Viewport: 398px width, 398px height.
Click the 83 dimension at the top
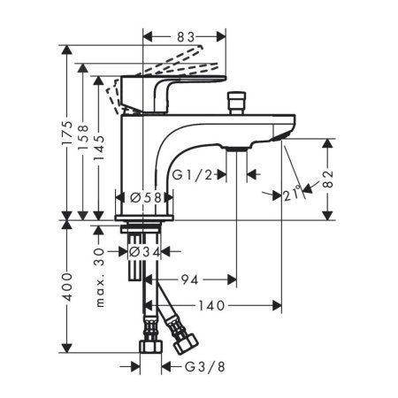click(181, 37)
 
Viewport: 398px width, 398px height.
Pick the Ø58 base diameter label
click(145, 198)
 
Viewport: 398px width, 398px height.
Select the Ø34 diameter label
click(145, 251)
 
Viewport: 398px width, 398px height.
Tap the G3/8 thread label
click(200, 368)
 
